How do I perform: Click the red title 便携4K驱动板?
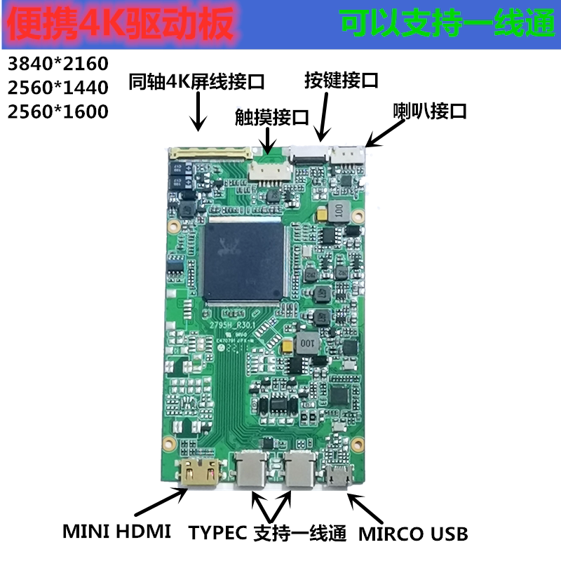pyautogui.click(x=119, y=25)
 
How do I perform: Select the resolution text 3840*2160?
pyautogui.click(x=58, y=64)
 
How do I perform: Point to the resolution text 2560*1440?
pyautogui.click(x=58, y=88)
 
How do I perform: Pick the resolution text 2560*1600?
pyautogui.click(x=58, y=111)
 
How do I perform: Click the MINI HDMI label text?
pyautogui.click(x=117, y=532)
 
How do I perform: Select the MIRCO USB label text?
pyautogui.click(x=413, y=534)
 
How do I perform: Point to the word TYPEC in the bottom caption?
pyautogui.click(x=217, y=533)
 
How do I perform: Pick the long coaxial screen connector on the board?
pyautogui.click(x=211, y=151)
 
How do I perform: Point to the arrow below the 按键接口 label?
pyautogui.click(x=325, y=115)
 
